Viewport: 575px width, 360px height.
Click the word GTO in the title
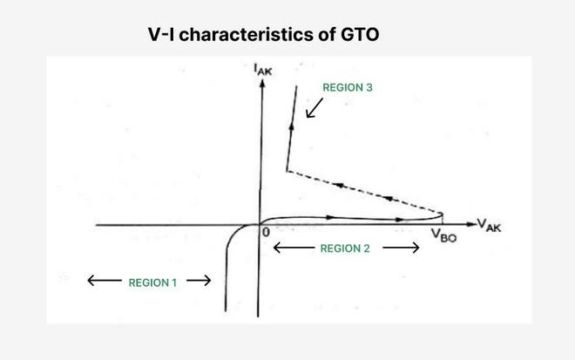(x=360, y=35)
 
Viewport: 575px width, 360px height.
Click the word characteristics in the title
(x=246, y=35)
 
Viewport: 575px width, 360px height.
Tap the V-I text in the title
(x=161, y=35)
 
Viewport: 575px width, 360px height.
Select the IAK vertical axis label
(x=263, y=70)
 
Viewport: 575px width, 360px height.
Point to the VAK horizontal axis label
(x=489, y=225)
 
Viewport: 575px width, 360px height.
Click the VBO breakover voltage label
(x=443, y=235)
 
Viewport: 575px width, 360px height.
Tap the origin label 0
(x=266, y=232)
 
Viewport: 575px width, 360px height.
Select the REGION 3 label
(x=348, y=87)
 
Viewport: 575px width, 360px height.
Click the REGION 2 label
(x=345, y=248)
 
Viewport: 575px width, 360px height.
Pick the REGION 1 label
(x=152, y=282)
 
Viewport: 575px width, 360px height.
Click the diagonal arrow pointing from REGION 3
(x=315, y=108)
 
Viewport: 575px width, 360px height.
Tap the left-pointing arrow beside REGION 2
(x=294, y=248)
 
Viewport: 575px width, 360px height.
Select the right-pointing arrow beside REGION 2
(x=401, y=248)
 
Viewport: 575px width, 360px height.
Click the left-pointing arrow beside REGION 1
(x=105, y=281)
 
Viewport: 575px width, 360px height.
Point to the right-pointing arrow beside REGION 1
(x=199, y=281)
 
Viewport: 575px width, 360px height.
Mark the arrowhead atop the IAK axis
(x=262, y=84)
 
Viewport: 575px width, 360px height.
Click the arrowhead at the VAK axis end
(x=471, y=224)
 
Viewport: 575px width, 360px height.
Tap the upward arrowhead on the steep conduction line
(x=292, y=126)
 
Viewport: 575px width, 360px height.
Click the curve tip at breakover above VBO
(x=443, y=214)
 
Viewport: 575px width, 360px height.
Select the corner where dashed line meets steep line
(x=287, y=171)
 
